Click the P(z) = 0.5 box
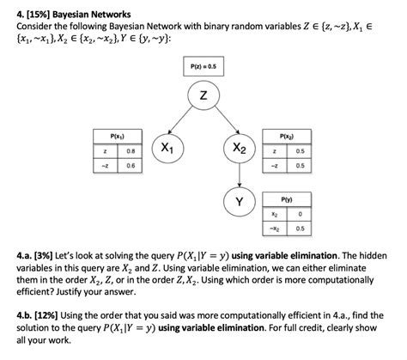pyautogui.click(x=203, y=66)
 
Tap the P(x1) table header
pyautogui.click(x=116, y=135)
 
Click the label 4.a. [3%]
pyautogui.click(x=33, y=257)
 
